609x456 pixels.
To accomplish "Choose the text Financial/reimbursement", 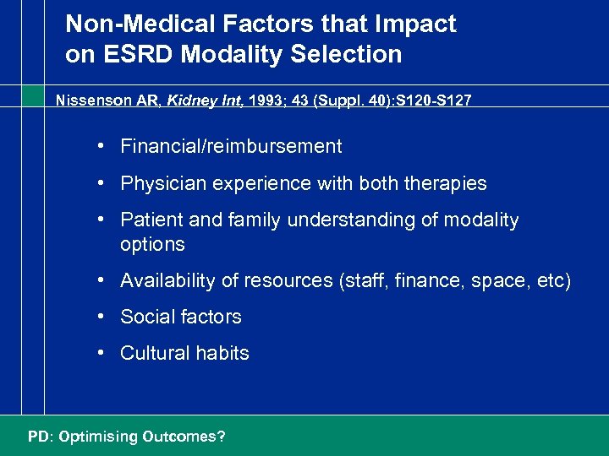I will pyautogui.click(x=231, y=147).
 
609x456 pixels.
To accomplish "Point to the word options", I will pyautogui.click(x=152, y=245).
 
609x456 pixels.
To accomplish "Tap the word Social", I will pyautogui.click(x=146, y=318).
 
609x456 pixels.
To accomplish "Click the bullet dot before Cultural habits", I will pyautogui.click(x=101, y=353).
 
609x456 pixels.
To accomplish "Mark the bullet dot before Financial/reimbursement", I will pyautogui.click(x=101, y=146).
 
